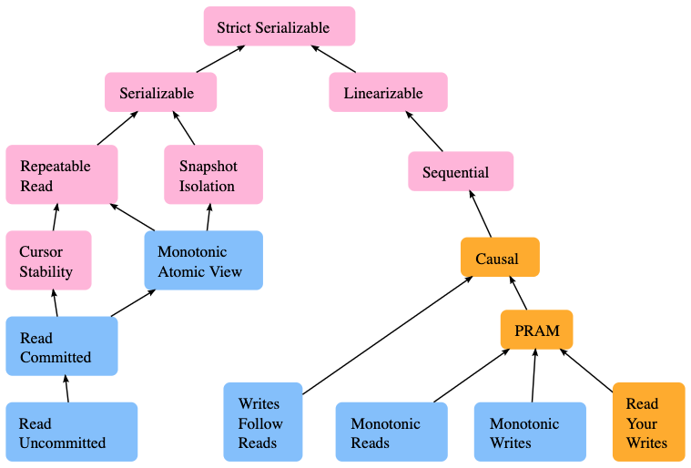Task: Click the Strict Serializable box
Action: coord(279,26)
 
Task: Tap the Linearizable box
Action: coord(388,92)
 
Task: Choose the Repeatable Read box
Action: coord(62,176)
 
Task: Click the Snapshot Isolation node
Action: coord(213,176)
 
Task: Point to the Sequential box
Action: coord(461,171)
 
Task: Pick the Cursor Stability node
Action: coord(48,261)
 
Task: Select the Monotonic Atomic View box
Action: coord(203,260)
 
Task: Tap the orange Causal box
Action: coord(500,258)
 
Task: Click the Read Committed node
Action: coord(62,347)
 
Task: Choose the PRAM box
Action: coord(536,330)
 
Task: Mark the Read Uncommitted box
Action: coord(71,432)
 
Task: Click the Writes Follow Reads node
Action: coord(263,422)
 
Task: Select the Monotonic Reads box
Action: coord(391,432)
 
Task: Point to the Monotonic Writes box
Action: coord(530,432)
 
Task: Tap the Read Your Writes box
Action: coord(648,422)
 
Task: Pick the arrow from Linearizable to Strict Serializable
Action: coord(338,58)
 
